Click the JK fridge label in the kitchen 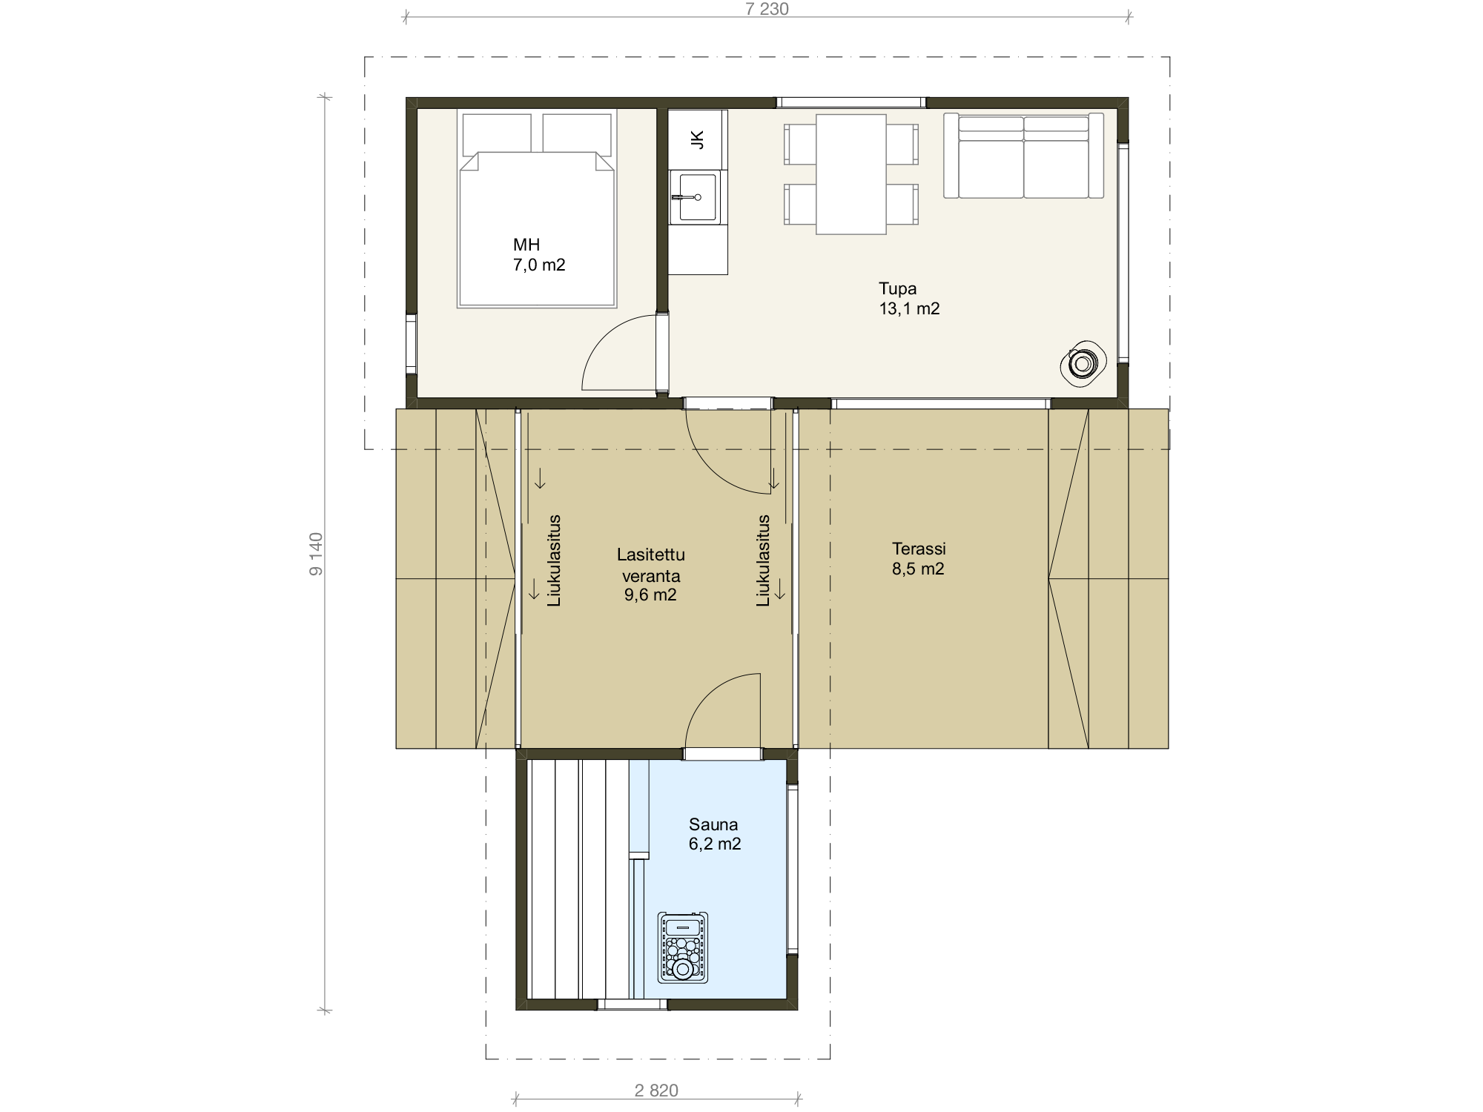696,139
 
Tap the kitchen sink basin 698,197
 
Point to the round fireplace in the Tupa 1083,365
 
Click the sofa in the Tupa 1023,156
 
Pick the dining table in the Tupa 851,174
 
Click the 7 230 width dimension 767,10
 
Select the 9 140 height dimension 316,554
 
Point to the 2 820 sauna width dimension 656,1091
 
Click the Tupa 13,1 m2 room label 909,299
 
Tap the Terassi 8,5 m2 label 919,559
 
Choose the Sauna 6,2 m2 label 715,834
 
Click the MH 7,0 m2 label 539,255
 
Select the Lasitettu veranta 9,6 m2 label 650,575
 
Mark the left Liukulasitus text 555,561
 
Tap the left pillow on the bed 497,133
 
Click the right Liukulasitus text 763,561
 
